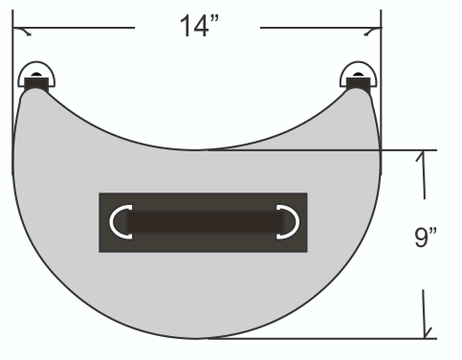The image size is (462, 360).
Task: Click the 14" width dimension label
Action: pos(199,26)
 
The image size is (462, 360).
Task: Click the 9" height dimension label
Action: pos(425,236)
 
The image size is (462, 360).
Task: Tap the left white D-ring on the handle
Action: pos(120,222)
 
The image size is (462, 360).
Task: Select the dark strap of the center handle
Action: pos(206,222)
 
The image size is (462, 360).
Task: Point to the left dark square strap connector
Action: pos(36,84)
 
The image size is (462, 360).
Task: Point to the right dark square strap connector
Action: pos(359,84)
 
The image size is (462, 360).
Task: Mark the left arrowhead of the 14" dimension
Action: pos(22,31)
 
